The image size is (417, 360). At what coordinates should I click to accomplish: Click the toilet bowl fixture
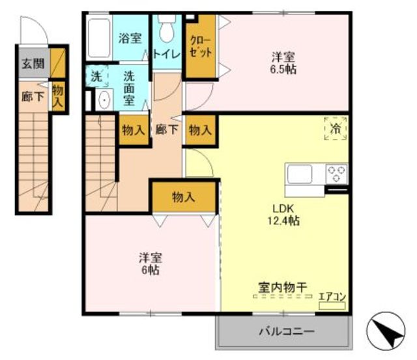coord(167,29)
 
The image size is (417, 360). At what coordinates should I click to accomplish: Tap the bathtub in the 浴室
coord(99,38)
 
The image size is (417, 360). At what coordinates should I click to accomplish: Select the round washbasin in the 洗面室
coord(104,99)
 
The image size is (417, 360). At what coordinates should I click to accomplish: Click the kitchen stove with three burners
coord(337,173)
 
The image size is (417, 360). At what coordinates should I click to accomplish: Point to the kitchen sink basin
coord(300,174)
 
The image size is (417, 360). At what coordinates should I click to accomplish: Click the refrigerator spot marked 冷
coord(336,128)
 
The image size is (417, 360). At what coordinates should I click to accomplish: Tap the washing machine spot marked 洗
coord(96,76)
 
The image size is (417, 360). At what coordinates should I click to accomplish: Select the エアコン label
coord(332,296)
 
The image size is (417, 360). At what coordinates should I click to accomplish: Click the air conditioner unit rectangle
coord(332,306)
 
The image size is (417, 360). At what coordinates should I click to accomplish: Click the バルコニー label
coord(287,331)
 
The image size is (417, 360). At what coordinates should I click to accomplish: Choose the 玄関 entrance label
coord(33,64)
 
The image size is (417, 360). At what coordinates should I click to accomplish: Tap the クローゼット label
coord(201,47)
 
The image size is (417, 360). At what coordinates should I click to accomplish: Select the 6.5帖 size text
coord(283,70)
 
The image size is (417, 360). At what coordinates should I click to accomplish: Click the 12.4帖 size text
coord(283,220)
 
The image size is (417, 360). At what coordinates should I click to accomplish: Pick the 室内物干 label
coord(283,288)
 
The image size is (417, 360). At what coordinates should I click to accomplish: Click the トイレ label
coord(167,54)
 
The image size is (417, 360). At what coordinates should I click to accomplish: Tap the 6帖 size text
coord(151,270)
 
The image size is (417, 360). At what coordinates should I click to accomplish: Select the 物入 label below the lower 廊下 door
coord(184,198)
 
